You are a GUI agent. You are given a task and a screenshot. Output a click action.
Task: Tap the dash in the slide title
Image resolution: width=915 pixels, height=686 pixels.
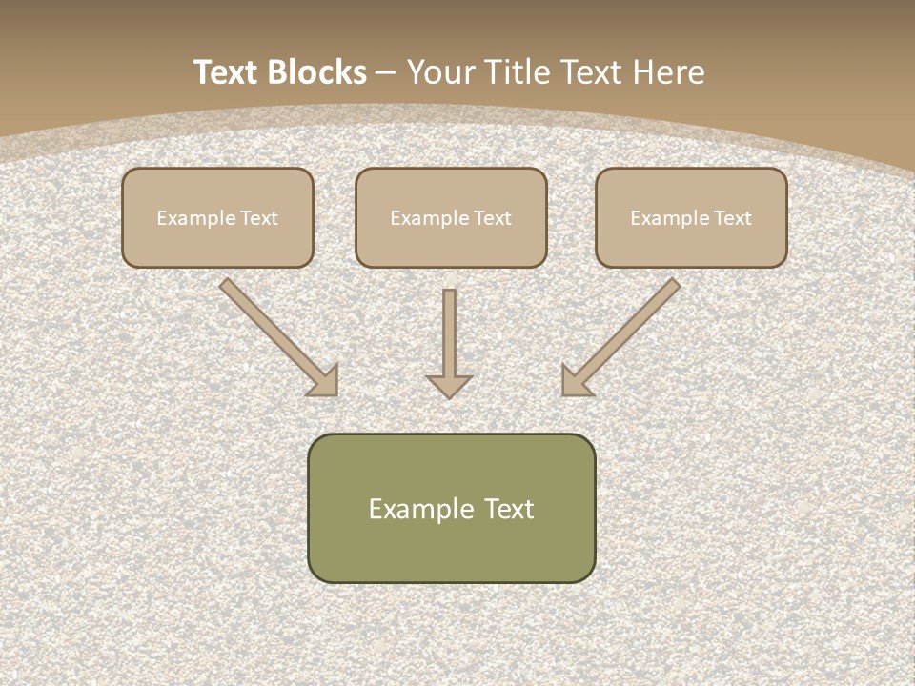[385, 72]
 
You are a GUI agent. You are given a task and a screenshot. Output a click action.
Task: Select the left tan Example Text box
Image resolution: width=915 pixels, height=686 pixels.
[217, 217]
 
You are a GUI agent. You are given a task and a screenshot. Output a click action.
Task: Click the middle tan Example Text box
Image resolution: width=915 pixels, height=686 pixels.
[451, 217]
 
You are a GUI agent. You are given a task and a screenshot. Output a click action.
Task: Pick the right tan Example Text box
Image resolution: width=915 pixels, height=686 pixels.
[691, 217]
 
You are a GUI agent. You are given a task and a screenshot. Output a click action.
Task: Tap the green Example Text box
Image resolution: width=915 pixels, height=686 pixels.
[451, 508]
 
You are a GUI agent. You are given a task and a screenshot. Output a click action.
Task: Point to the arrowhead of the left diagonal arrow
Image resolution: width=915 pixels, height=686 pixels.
[325, 382]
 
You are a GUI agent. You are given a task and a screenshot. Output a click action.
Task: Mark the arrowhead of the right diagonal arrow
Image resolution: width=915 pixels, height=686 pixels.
[574, 382]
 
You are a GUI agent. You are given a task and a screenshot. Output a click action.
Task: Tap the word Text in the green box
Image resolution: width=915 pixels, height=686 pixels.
[509, 509]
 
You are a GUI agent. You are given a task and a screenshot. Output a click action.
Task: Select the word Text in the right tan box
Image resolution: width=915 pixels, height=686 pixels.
[732, 218]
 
